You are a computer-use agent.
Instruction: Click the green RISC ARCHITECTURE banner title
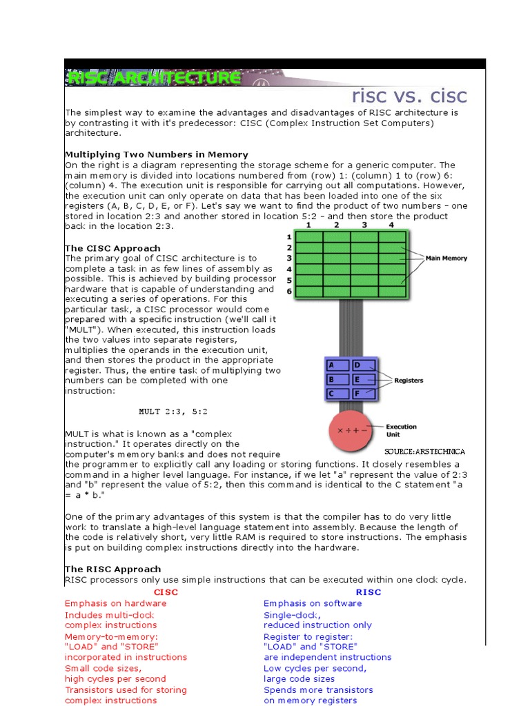[153, 78]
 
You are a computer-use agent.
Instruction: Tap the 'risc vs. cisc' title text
[409, 96]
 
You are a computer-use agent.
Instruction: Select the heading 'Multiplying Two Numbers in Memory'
[156, 154]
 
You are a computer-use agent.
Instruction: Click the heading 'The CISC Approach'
[112, 248]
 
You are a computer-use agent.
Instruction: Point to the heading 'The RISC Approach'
[113, 569]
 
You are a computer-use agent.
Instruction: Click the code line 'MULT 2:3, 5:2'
[173, 412]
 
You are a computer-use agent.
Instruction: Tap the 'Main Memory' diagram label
[446, 259]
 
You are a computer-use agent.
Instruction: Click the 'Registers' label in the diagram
[409, 380]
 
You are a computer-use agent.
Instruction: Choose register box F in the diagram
[364, 394]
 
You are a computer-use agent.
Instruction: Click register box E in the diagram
[364, 379]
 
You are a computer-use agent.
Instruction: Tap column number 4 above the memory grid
[391, 225]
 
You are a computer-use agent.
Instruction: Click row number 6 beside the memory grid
[290, 291]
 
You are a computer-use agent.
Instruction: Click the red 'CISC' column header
[166, 592]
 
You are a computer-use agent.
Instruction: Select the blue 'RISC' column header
[368, 592]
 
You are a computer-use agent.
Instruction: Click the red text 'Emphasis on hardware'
[115, 603]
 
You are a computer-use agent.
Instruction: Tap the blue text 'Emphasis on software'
[313, 603]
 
